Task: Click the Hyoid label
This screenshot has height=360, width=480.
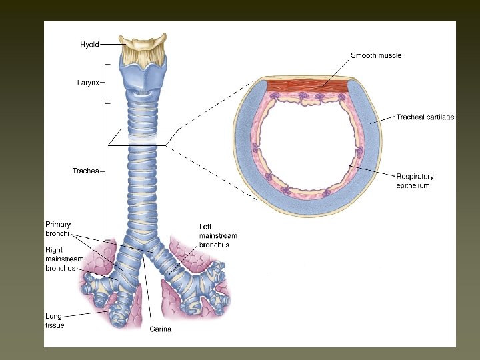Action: tap(89, 45)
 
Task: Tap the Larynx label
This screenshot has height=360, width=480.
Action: tap(87, 83)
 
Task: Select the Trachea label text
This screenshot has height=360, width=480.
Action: tap(85, 171)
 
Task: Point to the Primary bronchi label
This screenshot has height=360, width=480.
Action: tap(58, 229)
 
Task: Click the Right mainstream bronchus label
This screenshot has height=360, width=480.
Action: tap(65, 259)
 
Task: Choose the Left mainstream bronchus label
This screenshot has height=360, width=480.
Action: tap(218, 236)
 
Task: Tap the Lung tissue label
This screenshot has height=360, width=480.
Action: tap(55, 321)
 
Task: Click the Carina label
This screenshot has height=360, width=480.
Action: tap(161, 329)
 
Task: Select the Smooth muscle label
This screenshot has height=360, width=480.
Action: tap(376, 55)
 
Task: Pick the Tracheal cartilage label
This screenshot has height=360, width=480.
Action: tap(425, 117)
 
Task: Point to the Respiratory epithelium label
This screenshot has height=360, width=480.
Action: tap(415, 181)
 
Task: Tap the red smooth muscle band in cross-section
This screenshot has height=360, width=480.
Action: tap(307, 85)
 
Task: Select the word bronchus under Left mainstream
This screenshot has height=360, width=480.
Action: tap(214, 245)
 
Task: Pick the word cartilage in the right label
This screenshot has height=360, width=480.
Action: tap(439, 117)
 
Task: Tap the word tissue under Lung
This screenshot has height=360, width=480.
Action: tap(55, 325)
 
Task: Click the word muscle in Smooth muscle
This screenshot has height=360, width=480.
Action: tap(389, 55)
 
